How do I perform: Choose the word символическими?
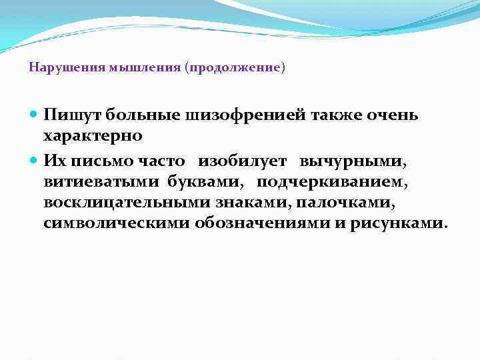coord(116,223)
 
